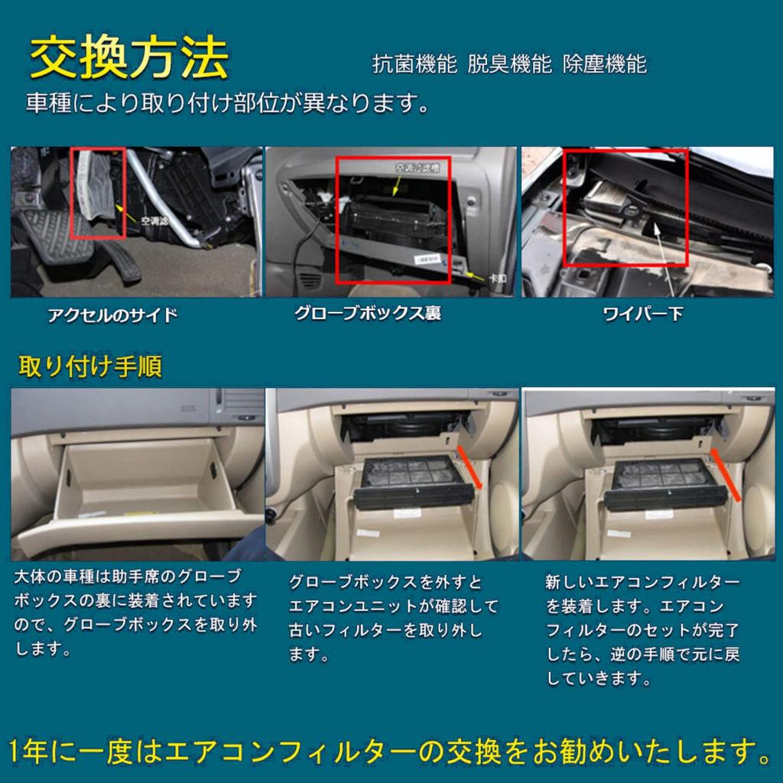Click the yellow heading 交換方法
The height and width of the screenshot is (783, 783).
[129, 58]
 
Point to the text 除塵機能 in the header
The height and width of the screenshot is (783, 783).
[604, 64]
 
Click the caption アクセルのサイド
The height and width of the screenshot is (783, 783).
[112, 315]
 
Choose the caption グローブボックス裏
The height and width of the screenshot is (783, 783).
[368, 314]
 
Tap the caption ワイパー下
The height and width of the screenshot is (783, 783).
[643, 314]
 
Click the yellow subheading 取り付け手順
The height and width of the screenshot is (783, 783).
[90, 367]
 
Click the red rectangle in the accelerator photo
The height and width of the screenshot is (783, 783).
[97, 193]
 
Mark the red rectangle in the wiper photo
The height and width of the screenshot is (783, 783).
[626, 207]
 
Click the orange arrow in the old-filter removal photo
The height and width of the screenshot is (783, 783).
[471, 466]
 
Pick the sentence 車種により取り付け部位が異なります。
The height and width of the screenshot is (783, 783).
[227, 103]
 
